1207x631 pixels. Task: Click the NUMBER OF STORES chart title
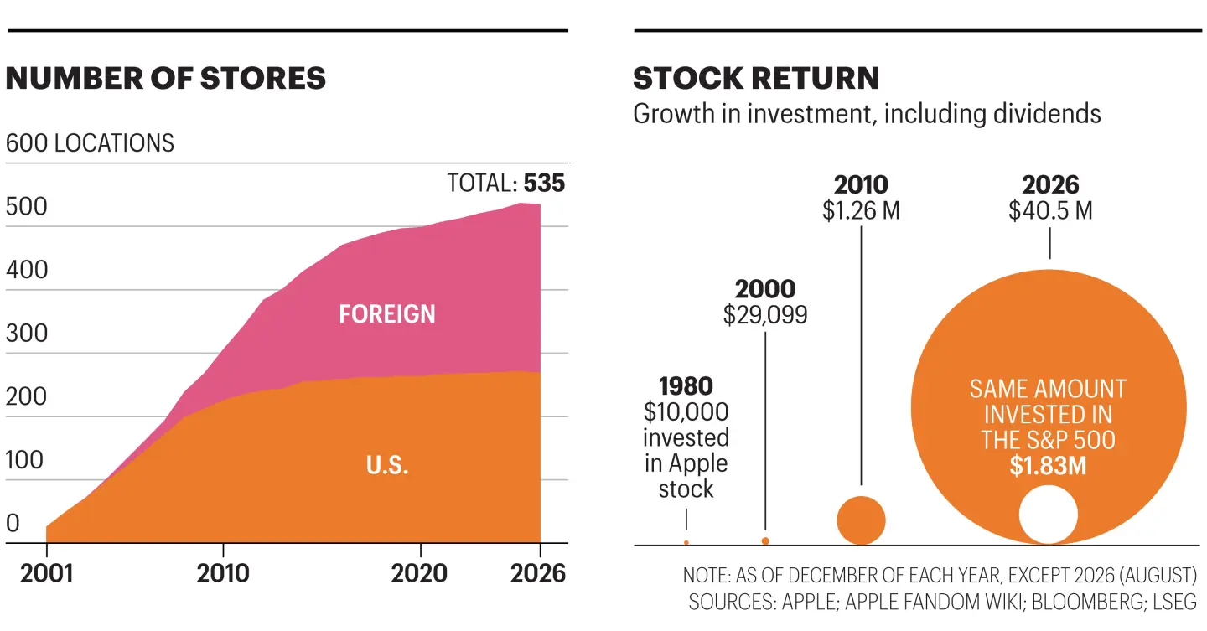click(x=166, y=79)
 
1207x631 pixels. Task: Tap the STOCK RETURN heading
click(x=756, y=79)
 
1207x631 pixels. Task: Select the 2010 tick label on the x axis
click(x=223, y=573)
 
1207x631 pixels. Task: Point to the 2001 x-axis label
click(x=46, y=573)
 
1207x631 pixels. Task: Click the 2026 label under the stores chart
click(x=538, y=573)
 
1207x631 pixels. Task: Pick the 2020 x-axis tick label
click(x=419, y=573)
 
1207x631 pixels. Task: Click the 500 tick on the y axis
click(x=27, y=207)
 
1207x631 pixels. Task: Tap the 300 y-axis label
click(x=27, y=334)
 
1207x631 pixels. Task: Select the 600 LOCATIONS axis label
click(x=90, y=143)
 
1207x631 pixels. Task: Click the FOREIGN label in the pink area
click(x=387, y=314)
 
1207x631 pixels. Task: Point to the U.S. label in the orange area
click(x=387, y=466)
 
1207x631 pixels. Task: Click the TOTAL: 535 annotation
click(x=506, y=184)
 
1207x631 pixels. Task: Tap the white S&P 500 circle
click(x=1048, y=515)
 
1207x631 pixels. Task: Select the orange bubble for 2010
click(x=861, y=520)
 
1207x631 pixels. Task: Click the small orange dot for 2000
click(x=765, y=541)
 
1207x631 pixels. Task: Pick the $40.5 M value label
click(x=1050, y=210)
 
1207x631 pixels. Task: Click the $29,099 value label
click(x=765, y=315)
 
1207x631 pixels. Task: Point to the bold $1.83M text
click(x=1048, y=466)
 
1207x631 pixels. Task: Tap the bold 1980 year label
click(x=686, y=386)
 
